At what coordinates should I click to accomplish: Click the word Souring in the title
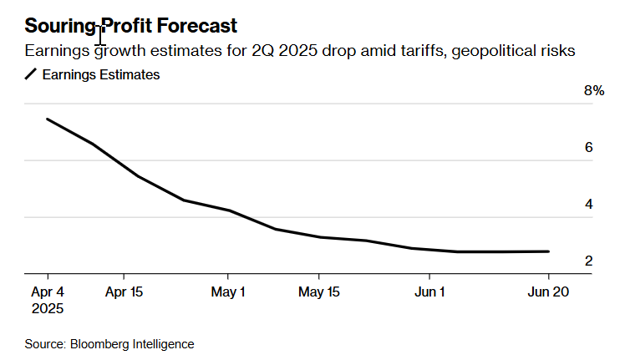(x=60, y=26)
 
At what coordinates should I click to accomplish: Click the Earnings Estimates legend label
(x=100, y=75)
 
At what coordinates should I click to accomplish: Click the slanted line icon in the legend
(x=31, y=75)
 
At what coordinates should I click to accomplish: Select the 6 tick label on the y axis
(x=588, y=148)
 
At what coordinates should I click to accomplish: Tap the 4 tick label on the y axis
(x=588, y=205)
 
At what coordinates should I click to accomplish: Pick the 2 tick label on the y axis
(x=588, y=261)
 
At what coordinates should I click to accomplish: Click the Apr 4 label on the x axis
(x=48, y=292)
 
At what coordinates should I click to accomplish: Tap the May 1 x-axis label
(x=227, y=292)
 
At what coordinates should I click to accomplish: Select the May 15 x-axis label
(x=318, y=292)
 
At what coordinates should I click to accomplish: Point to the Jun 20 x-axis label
(x=549, y=292)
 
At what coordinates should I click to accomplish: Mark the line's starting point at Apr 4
(x=48, y=119)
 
